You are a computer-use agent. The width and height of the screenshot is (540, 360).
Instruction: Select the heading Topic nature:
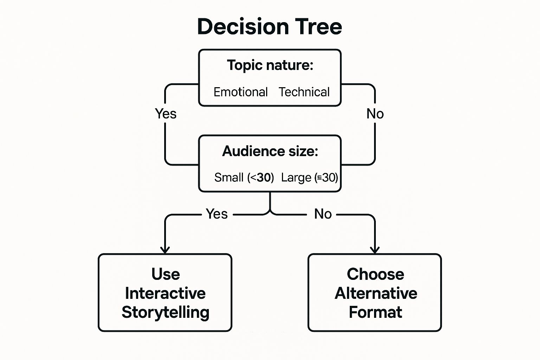[x=270, y=65]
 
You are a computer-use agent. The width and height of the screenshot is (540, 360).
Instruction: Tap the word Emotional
[x=240, y=92]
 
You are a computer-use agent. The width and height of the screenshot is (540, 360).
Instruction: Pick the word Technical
[x=304, y=92]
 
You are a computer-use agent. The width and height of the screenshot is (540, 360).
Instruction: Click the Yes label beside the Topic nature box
[x=166, y=114]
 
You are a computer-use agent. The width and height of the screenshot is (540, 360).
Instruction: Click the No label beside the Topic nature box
[x=375, y=114]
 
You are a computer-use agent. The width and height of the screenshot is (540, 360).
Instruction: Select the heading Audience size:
[x=270, y=151]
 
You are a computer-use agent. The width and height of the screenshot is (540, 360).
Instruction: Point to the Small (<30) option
[x=244, y=178]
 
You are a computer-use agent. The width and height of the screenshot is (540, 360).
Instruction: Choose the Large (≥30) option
[x=309, y=178]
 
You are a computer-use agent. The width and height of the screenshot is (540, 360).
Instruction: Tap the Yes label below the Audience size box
[x=217, y=214]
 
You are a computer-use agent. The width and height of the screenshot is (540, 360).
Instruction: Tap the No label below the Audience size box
[x=323, y=214]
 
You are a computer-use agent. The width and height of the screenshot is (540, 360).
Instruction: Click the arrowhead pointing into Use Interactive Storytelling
[x=165, y=250]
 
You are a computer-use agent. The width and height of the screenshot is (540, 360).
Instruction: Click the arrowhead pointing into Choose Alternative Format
[x=375, y=250]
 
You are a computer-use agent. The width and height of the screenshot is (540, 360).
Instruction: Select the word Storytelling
[x=165, y=312]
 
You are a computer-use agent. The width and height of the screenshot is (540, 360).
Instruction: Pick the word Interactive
[x=165, y=293]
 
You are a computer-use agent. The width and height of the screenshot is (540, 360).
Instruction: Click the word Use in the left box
[x=166, y=274]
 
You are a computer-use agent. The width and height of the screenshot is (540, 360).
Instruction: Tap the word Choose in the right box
[x=375, y=274]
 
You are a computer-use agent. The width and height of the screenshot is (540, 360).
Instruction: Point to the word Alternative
[x=375, y=293]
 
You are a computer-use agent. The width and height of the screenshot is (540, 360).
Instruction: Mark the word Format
[x=375, y=312]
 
